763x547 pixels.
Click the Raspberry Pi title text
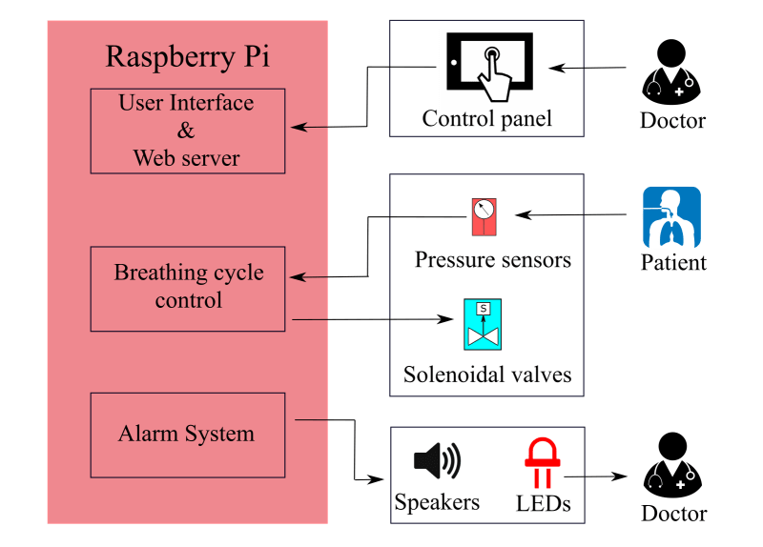[x=187, y=57]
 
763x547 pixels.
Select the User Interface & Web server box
[x=187, y=131]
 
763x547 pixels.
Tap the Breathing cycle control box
[x=187, y=288]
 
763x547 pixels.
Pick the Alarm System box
[x=187, y=435]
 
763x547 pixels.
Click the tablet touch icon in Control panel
[x=489, y=68]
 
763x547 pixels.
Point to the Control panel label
[x=487, y=120]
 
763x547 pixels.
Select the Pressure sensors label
[x=492, y=259]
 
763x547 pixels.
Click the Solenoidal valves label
[x=487, y=375]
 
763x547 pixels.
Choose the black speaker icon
[x=437, y=461]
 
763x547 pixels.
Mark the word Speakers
[x=437, y=502]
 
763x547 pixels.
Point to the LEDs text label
[x=542, y=502]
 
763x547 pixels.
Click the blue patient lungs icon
[x=671, y=217]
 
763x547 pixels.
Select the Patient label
[x=672, y=263]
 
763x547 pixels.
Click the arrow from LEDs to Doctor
[x=597, y=476]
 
